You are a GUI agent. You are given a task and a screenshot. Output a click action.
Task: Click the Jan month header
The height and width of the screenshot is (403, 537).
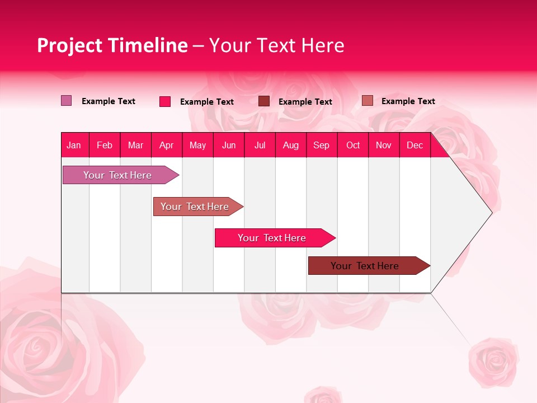[74, 145]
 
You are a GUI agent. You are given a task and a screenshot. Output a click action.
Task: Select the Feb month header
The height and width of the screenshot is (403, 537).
[105, 145]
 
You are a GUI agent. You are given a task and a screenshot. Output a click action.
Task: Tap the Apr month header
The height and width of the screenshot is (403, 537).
[166, 145]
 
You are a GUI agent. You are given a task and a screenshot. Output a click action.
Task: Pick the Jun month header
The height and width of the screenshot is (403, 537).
[229, 145]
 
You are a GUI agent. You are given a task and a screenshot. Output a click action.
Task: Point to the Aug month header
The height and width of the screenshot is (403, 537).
[290, 145]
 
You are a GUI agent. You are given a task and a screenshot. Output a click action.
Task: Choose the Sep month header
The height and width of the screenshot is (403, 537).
[321, 145]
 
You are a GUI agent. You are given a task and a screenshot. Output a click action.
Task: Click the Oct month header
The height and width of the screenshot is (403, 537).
[353, 145]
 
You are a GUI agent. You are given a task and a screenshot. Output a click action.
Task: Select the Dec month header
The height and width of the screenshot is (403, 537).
[414, 145]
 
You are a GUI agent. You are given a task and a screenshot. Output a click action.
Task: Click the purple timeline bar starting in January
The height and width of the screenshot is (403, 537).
[117, 175]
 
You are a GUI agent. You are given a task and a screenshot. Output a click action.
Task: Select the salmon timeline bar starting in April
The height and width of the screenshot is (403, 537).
[195, 207]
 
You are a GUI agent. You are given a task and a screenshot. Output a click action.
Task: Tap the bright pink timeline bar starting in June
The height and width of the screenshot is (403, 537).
[272, 238]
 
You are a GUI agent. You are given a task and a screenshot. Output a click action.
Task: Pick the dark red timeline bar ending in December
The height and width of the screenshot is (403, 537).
[365, 266]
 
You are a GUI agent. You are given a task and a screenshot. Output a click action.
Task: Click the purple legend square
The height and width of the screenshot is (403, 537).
[66, 101]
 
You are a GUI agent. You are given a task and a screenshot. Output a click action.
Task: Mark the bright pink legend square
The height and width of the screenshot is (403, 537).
[165, 101]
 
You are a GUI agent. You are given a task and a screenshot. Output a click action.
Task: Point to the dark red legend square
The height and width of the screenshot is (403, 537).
[264, 101]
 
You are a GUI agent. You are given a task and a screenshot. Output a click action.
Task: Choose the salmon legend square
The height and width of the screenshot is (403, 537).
[367, 101]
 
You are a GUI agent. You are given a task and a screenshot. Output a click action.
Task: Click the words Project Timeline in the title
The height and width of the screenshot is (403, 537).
[112, 45]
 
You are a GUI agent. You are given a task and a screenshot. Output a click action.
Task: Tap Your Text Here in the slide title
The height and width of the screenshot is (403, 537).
[276, 45]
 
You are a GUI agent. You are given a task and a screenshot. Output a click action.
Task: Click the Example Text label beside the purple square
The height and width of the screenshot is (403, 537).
[109, 101]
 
